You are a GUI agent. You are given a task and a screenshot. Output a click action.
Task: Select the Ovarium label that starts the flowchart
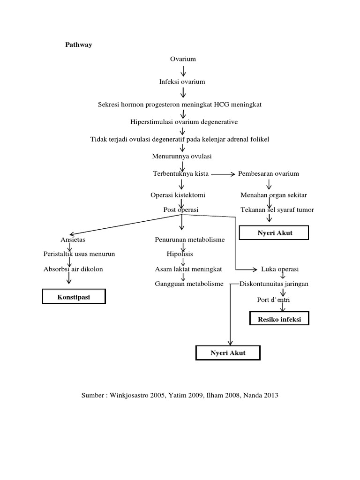point(183,59)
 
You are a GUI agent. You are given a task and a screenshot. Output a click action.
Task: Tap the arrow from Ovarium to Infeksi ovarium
point(183,71)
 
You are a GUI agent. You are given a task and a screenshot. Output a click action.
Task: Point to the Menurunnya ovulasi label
point(182,156)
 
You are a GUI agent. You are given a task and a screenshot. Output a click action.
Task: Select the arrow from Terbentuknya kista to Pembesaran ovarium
point(223,174)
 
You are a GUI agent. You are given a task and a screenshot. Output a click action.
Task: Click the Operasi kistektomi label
point(178,195)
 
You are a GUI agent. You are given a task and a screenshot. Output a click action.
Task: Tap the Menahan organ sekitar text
point(274,195)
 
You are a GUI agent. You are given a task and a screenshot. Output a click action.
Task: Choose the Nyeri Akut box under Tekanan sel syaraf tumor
point(274,232)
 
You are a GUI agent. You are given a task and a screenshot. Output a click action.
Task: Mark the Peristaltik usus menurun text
point(79,254)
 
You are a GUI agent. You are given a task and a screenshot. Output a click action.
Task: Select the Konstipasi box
point(74,297)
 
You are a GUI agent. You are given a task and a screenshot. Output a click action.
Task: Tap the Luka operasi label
point(280,269)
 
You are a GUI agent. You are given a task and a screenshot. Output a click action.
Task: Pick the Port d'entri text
point(274,300)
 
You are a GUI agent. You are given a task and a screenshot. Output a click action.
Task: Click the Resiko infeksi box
point(279,320)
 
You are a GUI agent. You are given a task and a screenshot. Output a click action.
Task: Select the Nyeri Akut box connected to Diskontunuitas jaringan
point(227,352)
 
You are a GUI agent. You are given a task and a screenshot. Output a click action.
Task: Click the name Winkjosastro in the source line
point(130,395)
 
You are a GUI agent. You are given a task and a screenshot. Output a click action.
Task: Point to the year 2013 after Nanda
point(270,395)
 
